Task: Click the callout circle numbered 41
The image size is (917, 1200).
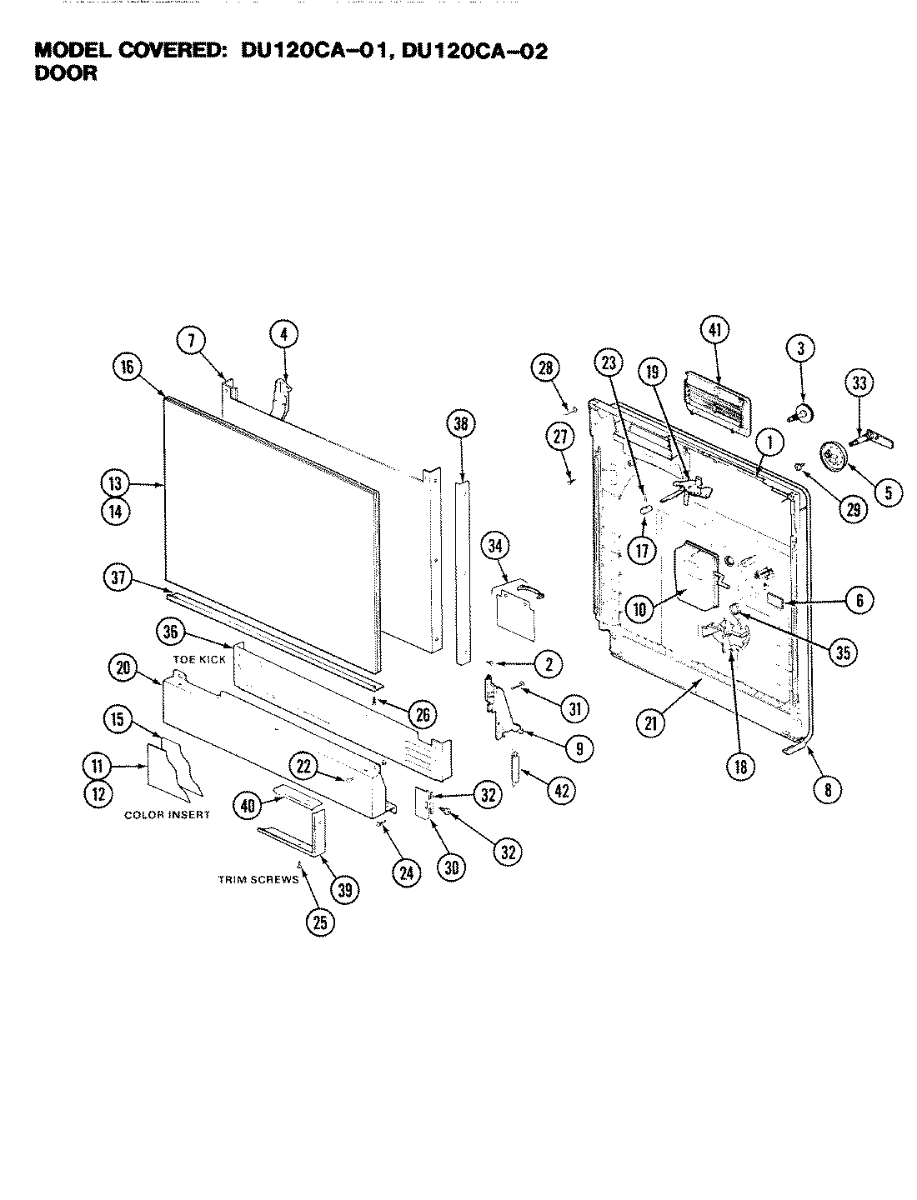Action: [x=715, y=331]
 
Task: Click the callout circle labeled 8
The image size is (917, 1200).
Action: [x=827, y=789]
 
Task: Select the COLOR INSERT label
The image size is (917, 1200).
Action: [x=167, y=814]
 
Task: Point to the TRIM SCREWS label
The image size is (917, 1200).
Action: [x=258, y=880]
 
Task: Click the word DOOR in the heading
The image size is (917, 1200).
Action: [x=66, y=73]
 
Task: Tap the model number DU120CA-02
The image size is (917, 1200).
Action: [x=475, y=52]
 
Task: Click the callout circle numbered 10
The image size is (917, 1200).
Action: [x=640, y=610]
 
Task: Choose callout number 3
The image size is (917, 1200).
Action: [x=800, y=347]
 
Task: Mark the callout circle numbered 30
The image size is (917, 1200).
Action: [x=451, y=867]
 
